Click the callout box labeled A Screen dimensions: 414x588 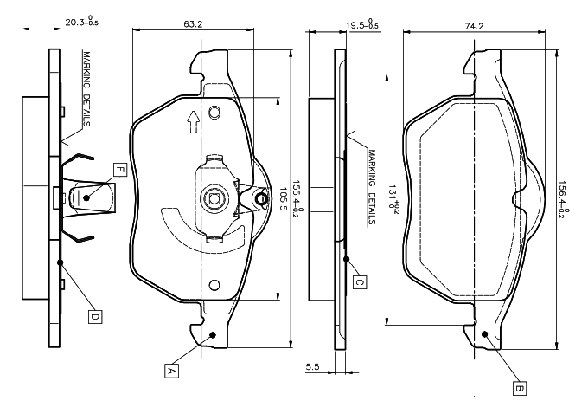tap(171, 370)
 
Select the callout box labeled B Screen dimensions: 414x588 tap(520, 388)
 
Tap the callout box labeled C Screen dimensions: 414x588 tap(360, 281)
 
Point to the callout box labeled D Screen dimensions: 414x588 tap(94, 316)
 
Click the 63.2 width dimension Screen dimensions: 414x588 tap(193, 24)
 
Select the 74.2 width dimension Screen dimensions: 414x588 tap(473, 26)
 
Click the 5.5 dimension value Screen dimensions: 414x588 tap(313, 368)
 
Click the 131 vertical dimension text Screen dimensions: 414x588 tap(395, 198)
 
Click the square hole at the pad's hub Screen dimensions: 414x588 tap(214, 200)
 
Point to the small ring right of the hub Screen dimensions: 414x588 tap(259, 201)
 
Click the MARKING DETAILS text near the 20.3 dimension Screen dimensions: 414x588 tap(86, 87)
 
